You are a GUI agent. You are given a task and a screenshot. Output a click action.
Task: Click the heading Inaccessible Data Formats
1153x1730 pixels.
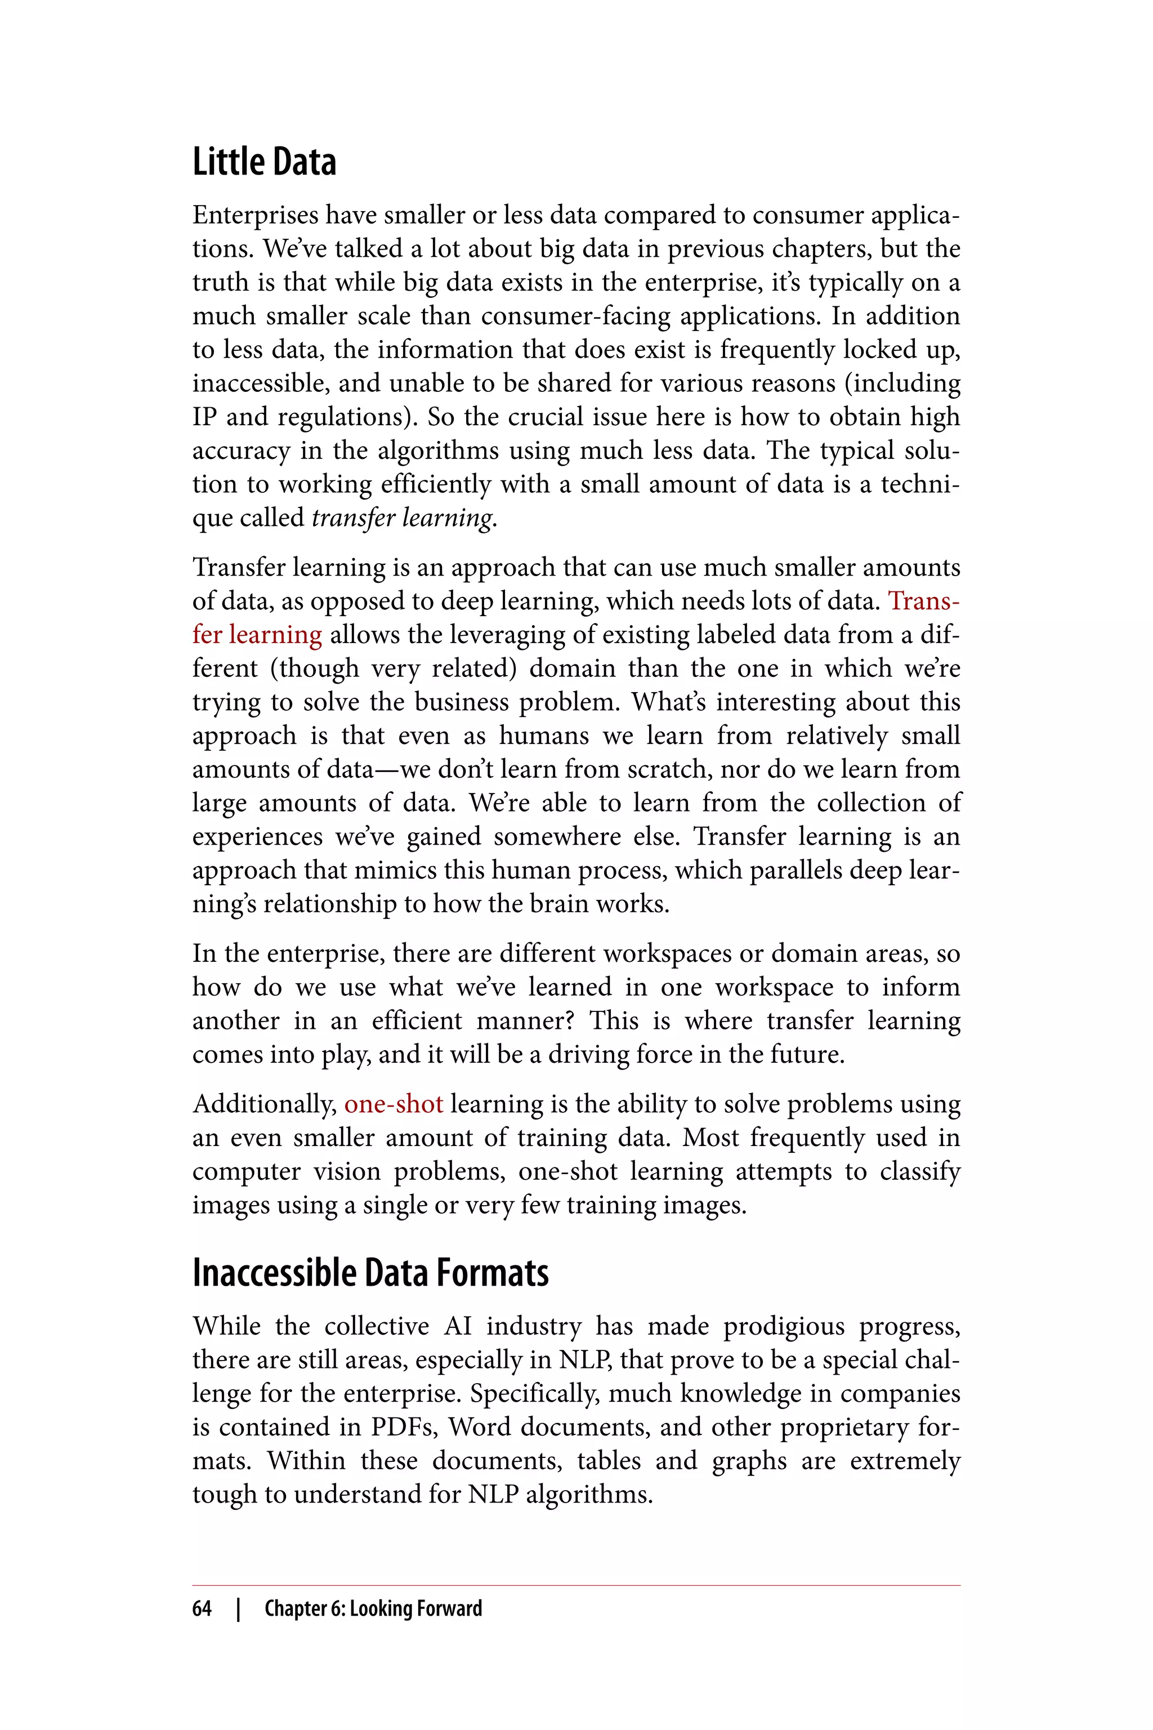pyautogui.click(x=370, y=1273)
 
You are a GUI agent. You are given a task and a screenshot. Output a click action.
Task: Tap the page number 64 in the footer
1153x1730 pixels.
pyautogui.click(x=202, y=1608)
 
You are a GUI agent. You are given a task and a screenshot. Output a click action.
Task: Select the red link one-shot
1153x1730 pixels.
pyautogui.click(x=394, y=1104)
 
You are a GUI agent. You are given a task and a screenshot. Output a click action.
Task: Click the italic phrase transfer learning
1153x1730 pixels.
pyautogui.click(x=403, y=518)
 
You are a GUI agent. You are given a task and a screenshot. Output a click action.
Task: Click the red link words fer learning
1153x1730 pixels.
pyautogui.click(x=257, y=635)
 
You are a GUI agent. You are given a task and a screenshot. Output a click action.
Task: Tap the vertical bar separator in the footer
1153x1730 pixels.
pyautogui.click(x=238, y=1608)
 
